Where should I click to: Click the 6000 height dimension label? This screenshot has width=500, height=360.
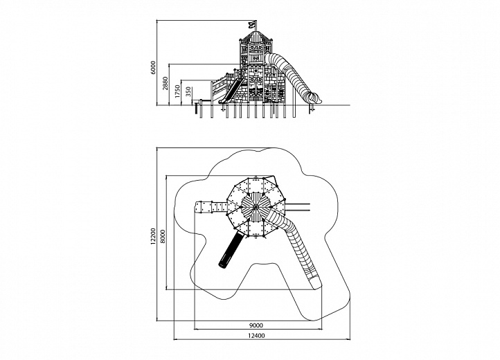(x=153, y=68)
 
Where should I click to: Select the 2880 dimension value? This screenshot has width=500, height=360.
(x=166, y=83)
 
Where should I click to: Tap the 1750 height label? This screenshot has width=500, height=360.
(x=177, y=91)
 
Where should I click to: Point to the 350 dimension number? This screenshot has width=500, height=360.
(x=188, y=92)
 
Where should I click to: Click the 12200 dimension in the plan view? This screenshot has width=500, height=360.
(x=153, y=236)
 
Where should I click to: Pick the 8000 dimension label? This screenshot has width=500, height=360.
(x=163, y=236)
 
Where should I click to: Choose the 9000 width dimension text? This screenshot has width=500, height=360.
(x=256, y=325)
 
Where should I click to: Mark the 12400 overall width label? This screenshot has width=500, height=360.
(x=256, y=336)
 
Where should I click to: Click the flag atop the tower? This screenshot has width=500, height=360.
(x=252, y=24)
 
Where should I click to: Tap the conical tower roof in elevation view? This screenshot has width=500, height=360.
(x=256, y=36)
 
